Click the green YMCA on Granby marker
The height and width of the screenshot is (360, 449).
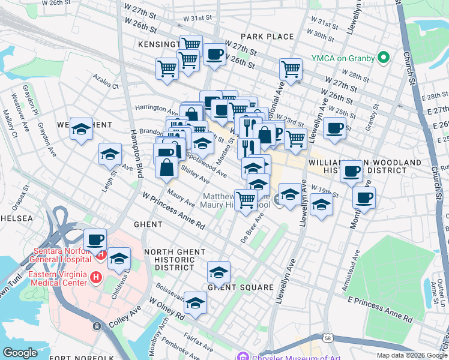pos(382,58)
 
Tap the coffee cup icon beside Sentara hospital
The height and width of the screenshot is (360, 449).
pos(95,239)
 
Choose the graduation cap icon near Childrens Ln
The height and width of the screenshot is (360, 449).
pos(119,259)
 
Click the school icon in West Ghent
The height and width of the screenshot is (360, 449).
pos(81,129)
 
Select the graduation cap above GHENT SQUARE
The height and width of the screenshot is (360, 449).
pos(219,272)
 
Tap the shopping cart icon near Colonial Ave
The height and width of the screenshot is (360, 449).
pos(291,68)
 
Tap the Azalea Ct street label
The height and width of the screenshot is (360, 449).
pos(105,82)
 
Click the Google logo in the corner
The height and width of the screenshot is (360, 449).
pos(20,353)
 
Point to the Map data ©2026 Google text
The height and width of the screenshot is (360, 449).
pos(412,355)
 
